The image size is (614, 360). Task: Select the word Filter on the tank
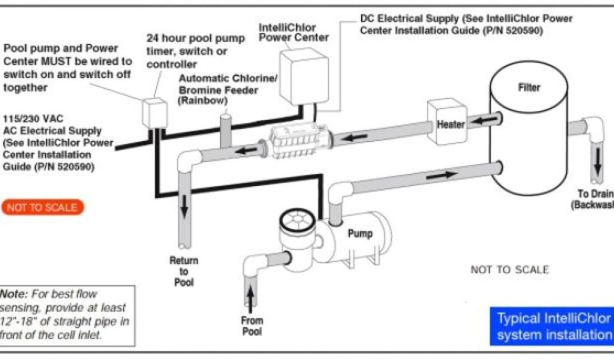click(x=529, y=88)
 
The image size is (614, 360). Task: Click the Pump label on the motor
click(x=360, y=233)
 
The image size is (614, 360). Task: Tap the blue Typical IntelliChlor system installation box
click(x=551, y=326)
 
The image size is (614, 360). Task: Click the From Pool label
click(x=252, y=325)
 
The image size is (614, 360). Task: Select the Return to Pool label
click(x=184, y=271)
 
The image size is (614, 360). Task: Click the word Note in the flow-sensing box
click(x=13, y=295)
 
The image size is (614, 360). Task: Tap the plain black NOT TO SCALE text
click(x=509, y=269)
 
